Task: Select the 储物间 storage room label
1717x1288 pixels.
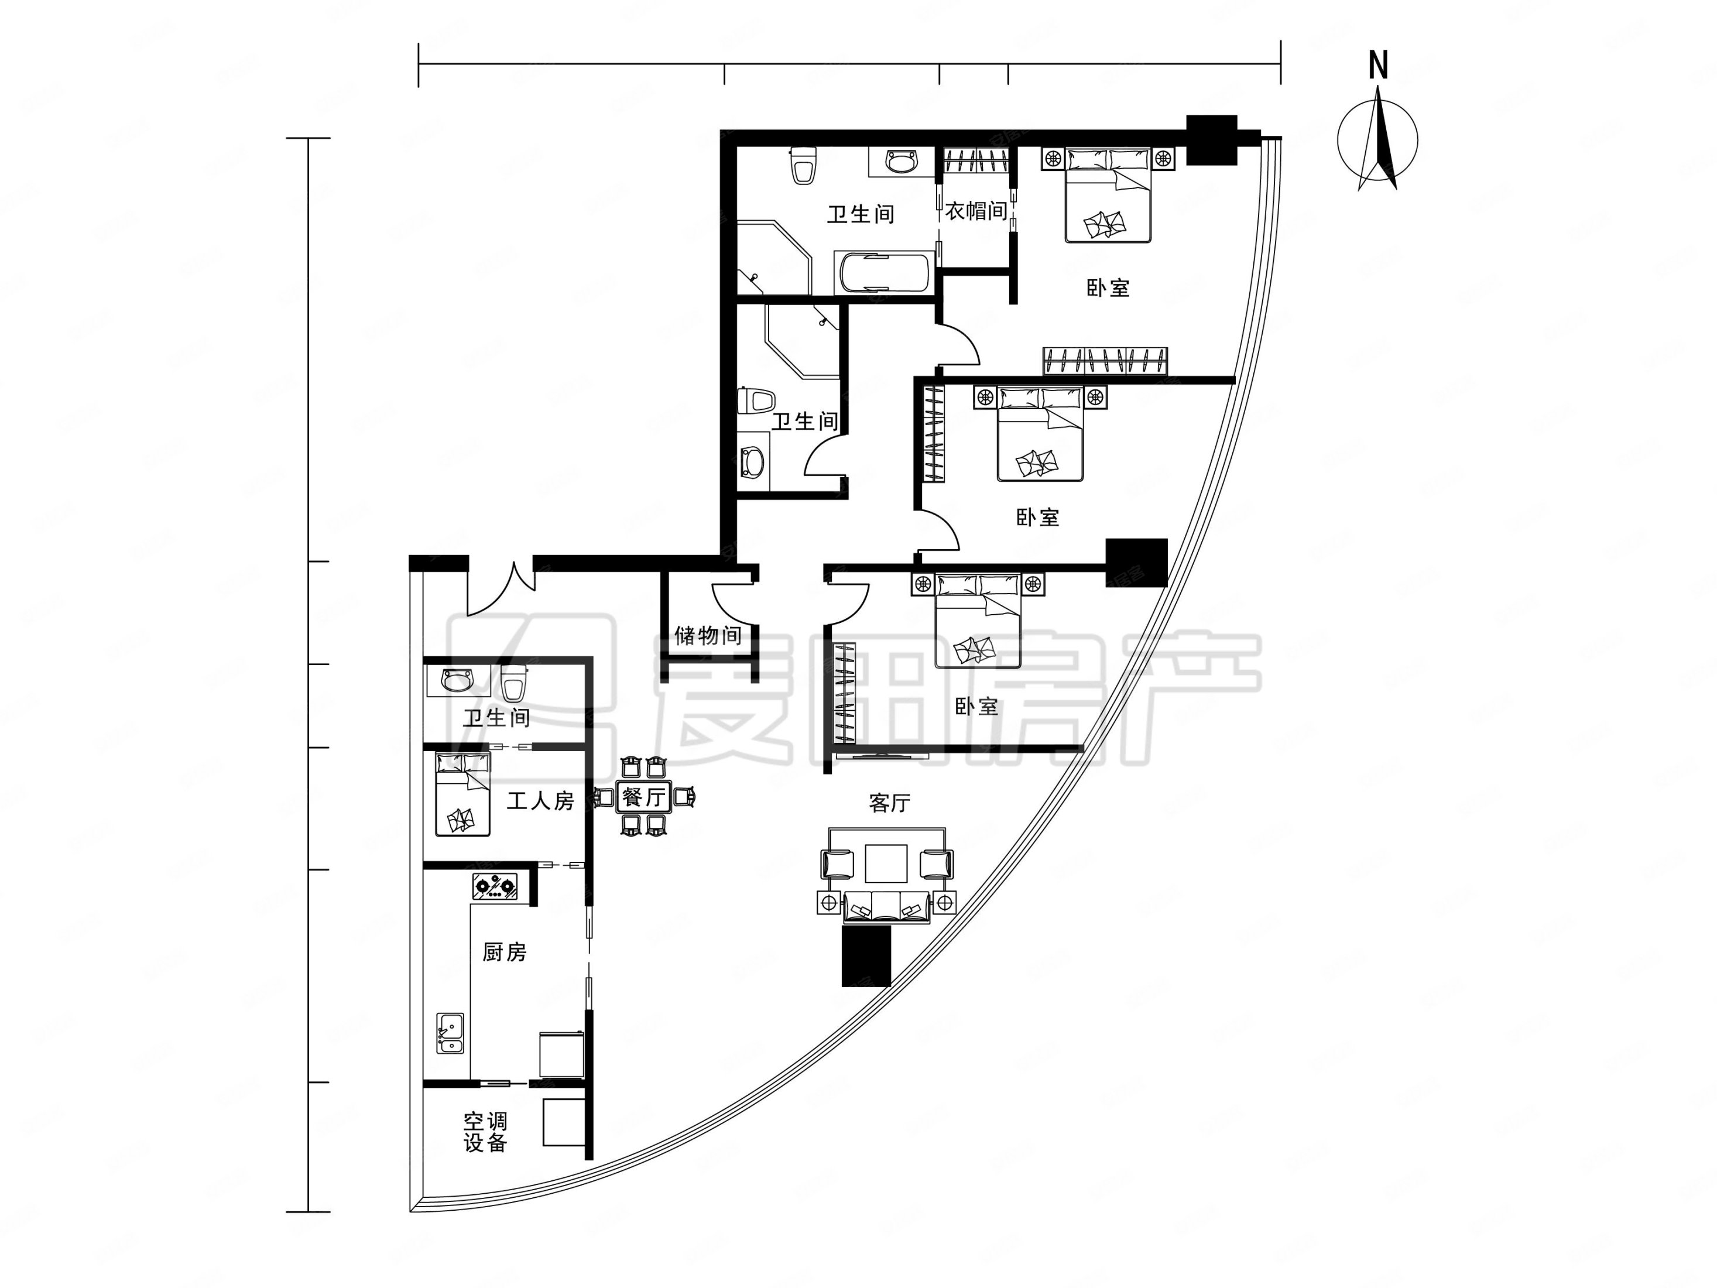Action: point(708,636)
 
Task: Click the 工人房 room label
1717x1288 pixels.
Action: point(540,800)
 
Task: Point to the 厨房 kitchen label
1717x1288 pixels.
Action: point(505,952)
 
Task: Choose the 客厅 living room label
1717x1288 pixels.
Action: point(890,803)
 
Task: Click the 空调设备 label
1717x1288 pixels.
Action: point(486,1132)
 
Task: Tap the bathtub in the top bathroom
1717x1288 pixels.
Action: point(884,272)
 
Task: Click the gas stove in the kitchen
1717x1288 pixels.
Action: point(495,886)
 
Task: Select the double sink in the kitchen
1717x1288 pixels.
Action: point(450,1033)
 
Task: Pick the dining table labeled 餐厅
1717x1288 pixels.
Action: point(643,797)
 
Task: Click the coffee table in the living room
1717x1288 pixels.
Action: point(886,864)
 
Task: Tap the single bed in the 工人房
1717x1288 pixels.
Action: point(462,793)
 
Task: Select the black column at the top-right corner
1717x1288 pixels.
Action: point(1212,140)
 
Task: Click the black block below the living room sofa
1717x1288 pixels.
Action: point(866,955)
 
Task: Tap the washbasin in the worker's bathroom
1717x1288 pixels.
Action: point(455,681)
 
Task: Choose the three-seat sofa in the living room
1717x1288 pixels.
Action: point(887,907)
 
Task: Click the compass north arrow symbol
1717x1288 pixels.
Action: point(1378,140)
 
